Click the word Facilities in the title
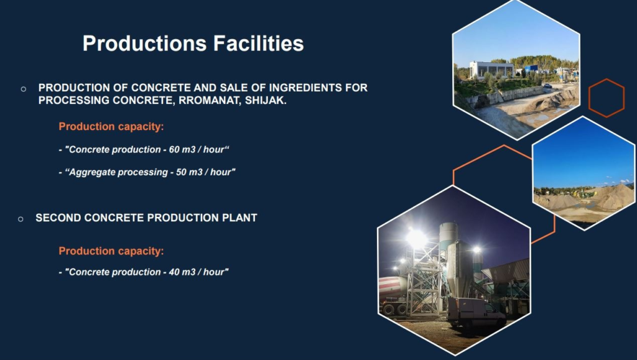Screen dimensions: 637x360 (x=258, y=43)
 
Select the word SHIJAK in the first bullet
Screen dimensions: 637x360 (x=266, y=101)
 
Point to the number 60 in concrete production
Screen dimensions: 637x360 (x=174, y=150)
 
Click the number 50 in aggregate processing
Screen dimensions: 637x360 (x=181, y=172)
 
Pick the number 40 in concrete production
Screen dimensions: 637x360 (x=174, y=272)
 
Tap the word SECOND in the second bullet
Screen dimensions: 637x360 (x=58, y=218)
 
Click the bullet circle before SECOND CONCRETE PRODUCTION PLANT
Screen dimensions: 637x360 (x=21, y=219)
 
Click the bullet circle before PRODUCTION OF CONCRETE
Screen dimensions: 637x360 (x=24, y=89)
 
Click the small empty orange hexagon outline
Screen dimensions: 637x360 (x=589, y=98)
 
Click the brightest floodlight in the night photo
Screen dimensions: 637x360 (x=416, y=238)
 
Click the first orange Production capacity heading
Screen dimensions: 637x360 (x=111, y=127)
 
